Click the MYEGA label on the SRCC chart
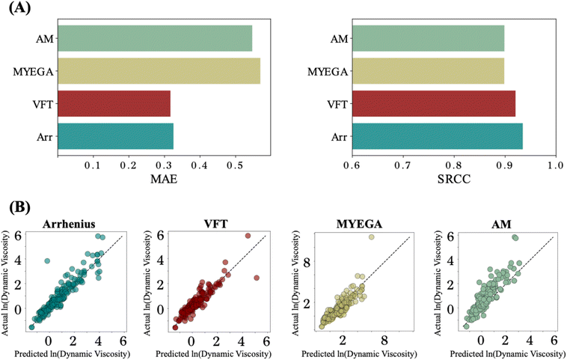[x=323, y=72]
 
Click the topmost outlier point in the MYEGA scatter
[x=370, y=237]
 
